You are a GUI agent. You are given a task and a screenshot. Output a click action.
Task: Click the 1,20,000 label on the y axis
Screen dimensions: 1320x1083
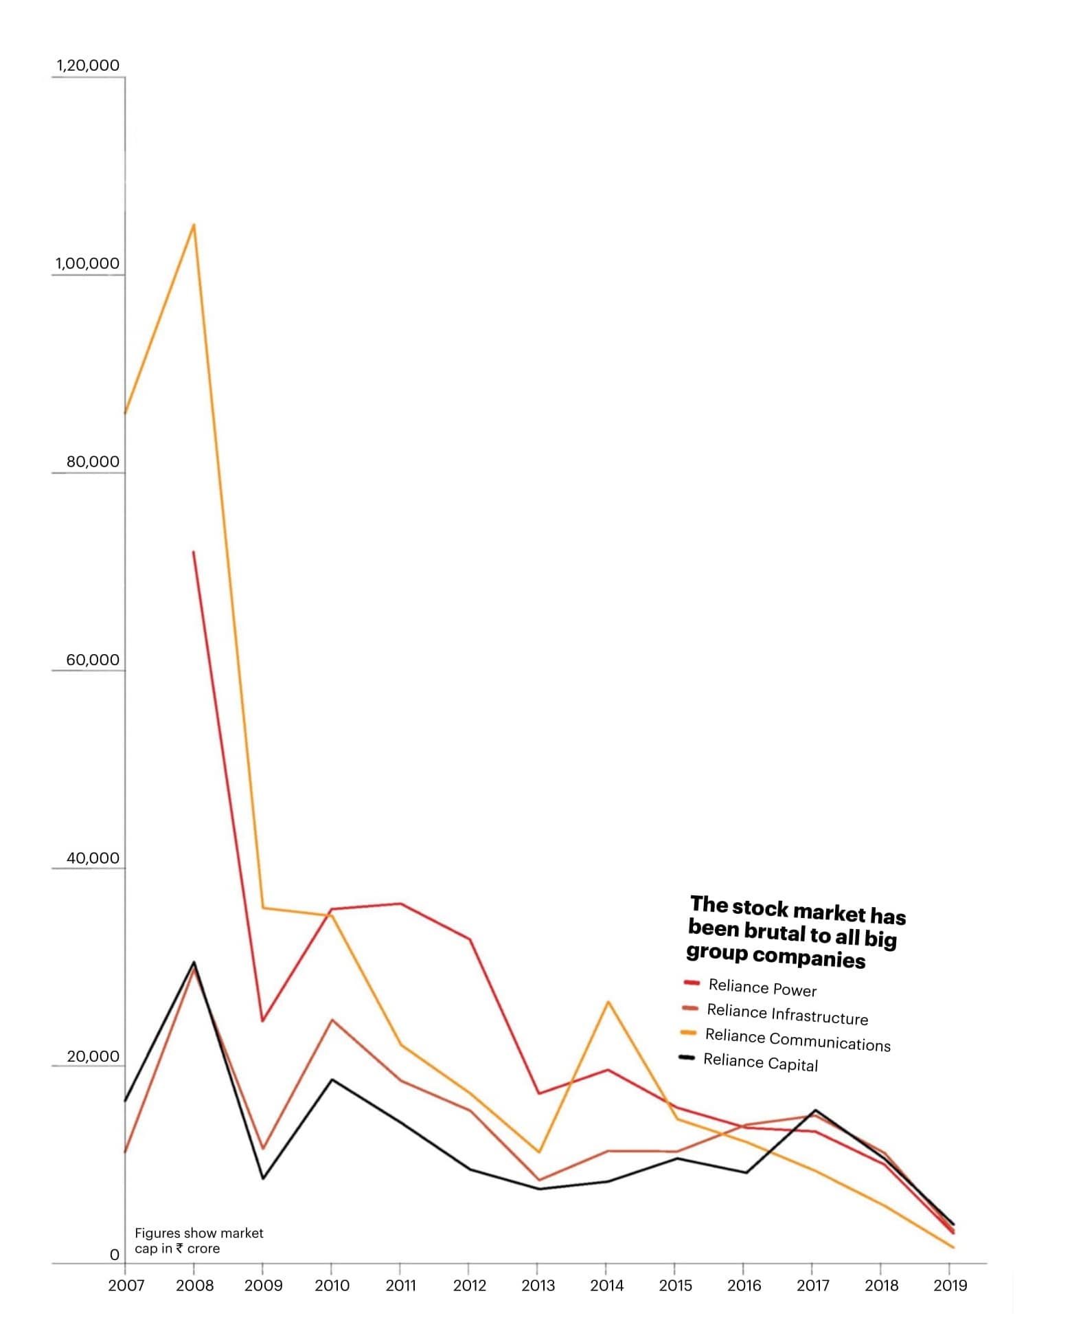pyautogui.click(x=88, y=66)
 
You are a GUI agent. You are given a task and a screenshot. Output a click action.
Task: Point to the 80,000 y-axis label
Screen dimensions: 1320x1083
pyautogui.click(x=93, y=462)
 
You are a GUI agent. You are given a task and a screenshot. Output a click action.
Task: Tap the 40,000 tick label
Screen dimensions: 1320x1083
pyautogui.click(x=93, y=858)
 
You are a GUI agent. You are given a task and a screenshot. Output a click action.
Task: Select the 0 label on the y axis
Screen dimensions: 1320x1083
pyautogui.click(x=115, y=1255)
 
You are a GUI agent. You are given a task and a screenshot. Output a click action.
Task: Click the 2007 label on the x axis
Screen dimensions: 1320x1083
pyautogui.click(x=126, y=1286)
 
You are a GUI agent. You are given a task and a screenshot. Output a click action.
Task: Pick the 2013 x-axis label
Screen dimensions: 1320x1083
pyautogui.click(x=538, y=1286)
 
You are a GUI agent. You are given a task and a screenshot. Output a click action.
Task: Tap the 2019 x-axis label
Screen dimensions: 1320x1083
pyautogui.click(x=950, y=1286)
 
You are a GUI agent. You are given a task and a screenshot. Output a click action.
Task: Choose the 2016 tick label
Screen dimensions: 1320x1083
pyautogui.click(x=744, y=1286)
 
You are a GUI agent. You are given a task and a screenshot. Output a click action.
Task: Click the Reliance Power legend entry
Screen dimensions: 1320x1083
pyautogui.click(x=762, y=988)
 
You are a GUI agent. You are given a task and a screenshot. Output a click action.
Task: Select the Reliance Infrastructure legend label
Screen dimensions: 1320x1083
pyautogui.click(x=787, y=1014)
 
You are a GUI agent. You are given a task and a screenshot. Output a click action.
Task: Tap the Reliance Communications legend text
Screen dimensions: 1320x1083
pyautogui.click(x=797, y=1040)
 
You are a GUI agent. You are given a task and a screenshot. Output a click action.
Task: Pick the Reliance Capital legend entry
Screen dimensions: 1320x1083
pyautogui.click(x=760, y=1062)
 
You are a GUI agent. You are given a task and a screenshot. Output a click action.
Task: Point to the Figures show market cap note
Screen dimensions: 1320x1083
pyautogui.click(x=198, y=1241)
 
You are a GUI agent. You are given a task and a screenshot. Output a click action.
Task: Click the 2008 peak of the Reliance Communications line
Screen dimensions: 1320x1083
pyautogui.click(x=194, y=225)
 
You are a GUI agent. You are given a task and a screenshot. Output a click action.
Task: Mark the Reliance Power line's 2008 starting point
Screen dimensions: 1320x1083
pyautogui.click(x=194, y=552)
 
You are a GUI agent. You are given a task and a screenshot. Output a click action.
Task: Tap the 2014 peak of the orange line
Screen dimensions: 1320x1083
pyautogui.click(x=608, y=1002)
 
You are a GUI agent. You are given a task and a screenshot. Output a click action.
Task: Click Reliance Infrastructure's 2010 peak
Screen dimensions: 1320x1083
pyautogui.click(x=332, y=1020)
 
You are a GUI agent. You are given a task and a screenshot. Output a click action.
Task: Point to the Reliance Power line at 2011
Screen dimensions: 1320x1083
pyautogui.click(x=400, y=904)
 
